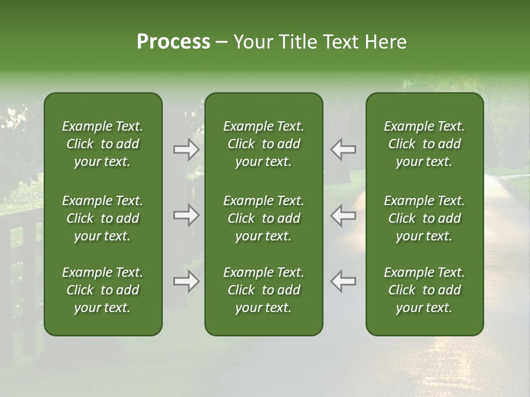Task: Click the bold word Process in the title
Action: [173, 42]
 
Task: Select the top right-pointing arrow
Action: [186, 149]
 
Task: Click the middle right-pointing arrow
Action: [186, 215]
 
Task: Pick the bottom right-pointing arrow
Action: [186, 281]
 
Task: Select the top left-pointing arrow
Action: [343, 149]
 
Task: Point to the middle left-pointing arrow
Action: [343, 215]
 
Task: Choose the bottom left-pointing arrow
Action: [343, 281]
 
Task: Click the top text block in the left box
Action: [103, 144]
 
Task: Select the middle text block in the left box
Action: [103, 218]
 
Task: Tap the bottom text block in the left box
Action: [103, 290]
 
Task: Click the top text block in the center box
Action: [263, 144]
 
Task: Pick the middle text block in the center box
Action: [263, 218]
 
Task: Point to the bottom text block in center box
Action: [263, 290]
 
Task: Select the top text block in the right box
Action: [425, 144]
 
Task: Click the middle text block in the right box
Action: [425, 218]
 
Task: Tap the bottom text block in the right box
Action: [425, 290]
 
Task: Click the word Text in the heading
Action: [341, 42]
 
